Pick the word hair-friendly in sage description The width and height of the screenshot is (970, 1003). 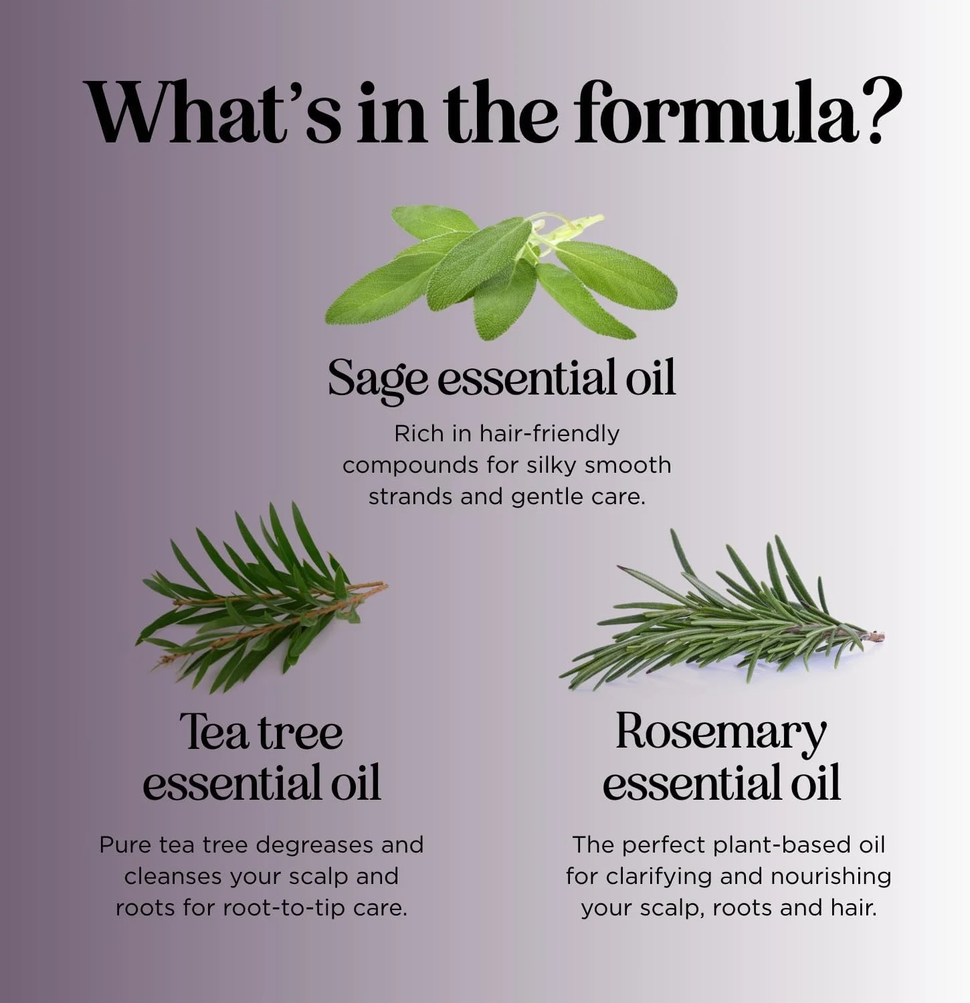pos(549,435)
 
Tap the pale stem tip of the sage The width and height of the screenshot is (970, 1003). pos(595,219)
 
